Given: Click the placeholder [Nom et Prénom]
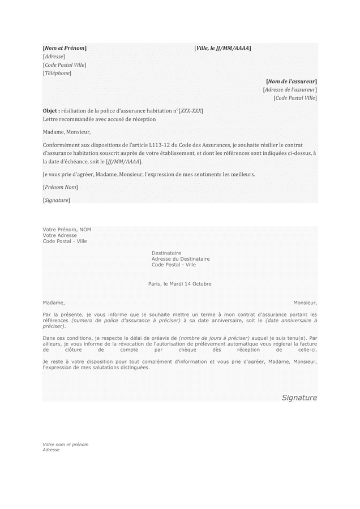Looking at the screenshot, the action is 65,48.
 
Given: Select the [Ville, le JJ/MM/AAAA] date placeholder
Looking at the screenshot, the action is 222,48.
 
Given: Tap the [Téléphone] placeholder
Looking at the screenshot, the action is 57,73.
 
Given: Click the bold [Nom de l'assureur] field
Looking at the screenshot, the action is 291,81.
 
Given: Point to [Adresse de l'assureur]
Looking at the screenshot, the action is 290,89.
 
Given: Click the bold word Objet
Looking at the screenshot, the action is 51,111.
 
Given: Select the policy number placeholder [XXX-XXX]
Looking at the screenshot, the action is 191,111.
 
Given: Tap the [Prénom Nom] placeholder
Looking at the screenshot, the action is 60,187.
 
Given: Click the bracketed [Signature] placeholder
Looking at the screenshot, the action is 57,200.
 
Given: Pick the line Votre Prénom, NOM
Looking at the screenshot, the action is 67,230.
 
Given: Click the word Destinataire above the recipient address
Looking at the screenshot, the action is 166,253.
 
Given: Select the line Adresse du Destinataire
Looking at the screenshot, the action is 181,259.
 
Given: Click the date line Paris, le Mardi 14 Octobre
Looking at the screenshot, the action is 179,284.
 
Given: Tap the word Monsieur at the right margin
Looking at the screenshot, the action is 305,303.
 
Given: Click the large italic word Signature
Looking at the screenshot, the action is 299,398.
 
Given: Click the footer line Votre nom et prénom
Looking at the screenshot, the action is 66,445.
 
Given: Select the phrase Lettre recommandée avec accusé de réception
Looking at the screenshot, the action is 99,119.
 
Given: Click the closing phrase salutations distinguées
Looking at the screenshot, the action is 118,367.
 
